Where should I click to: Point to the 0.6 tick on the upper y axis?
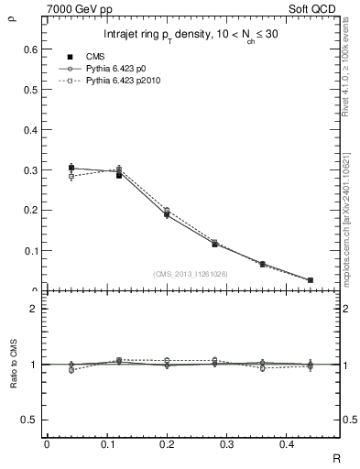pos(29,49)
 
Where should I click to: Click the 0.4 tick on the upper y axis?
pos(29,130)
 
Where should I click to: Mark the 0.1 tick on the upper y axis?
pos(29,250)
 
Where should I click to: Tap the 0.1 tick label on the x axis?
pos(117,443)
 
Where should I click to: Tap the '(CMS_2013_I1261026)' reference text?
pos(191,274)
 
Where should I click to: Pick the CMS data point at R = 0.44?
pos(311,280)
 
